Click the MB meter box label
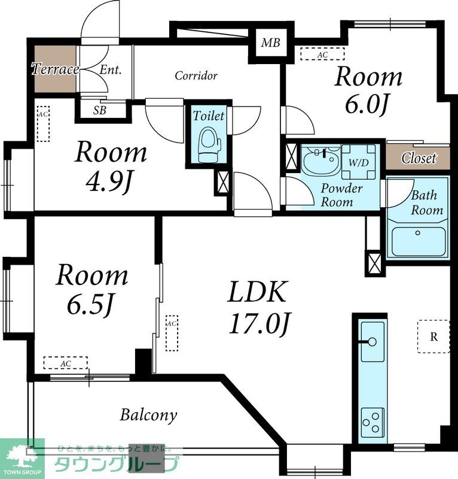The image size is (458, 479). point(271,43)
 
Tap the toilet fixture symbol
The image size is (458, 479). point(210,145)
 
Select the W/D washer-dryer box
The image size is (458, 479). point(359,162)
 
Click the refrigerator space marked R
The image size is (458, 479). point(433,336)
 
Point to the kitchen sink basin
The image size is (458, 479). point(372,341)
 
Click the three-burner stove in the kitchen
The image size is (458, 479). point(373,424)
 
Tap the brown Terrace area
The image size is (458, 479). point(55,69)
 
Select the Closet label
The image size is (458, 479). point(419,158)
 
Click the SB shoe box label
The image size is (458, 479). point(100,110)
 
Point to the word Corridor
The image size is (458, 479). point(196,75)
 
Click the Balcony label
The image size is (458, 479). point(148,415)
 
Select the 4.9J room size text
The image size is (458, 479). point(109,183)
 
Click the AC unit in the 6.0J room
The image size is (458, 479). point(322,54)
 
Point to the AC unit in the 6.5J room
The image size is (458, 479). point(66,363)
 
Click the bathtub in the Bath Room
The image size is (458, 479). point(418,241)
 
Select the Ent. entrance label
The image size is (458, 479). point(111,70)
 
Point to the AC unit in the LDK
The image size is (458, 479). point(172,334)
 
